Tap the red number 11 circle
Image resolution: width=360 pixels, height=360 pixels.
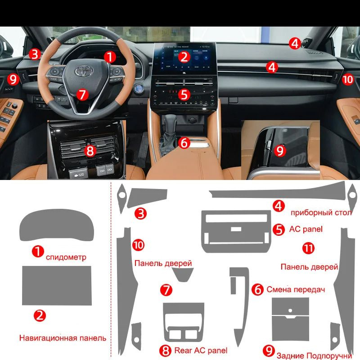(x=308, y=248)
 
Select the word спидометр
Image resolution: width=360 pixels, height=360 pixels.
(x=66, y=257)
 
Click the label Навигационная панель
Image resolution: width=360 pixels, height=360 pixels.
(x=63, y=338)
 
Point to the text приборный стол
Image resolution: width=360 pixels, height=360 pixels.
(x=321, y=213)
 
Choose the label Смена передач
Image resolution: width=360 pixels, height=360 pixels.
(x=296, y=289)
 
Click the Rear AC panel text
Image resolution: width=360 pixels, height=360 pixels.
(x=201, y=351)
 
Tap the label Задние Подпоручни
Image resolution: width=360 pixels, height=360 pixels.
(x=314, y=355)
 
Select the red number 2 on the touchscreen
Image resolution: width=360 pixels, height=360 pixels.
(x=184, y=57)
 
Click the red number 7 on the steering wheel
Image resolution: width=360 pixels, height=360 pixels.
(x=83, y=94)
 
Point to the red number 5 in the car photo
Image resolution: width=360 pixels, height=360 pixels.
(x=184, y=94)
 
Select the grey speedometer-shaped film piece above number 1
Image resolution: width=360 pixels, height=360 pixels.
(x=57, y=225)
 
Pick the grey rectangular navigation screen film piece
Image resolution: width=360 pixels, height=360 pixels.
(x=57, y=286)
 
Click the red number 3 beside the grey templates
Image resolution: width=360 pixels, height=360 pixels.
(x=140, y=213)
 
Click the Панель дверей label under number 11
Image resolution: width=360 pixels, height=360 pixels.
(x=309, y=267)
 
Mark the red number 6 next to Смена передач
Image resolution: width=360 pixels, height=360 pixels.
(x=257, y=289)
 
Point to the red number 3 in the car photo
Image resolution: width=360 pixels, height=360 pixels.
(x=35, y=54)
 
